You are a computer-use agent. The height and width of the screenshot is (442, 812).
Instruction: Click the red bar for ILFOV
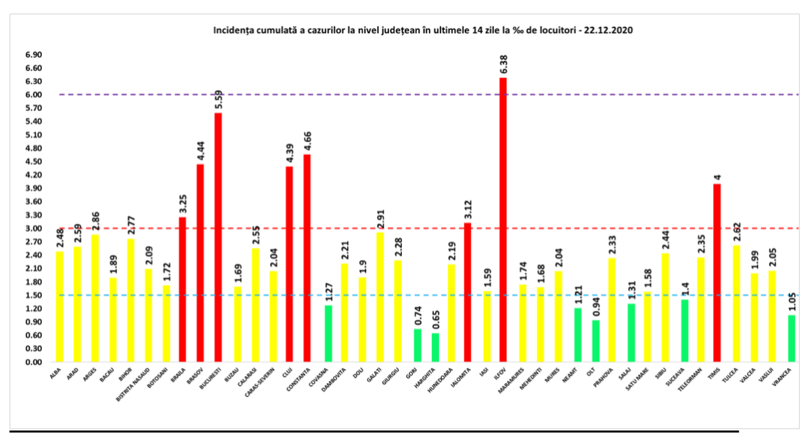[503, 220]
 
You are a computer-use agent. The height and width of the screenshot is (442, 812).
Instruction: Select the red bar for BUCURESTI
[218, 237]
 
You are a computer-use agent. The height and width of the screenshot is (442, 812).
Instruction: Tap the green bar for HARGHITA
[435, 347]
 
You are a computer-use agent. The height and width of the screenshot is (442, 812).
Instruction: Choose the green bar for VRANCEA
[791, 338]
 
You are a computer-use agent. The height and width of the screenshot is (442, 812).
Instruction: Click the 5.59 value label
[218, 100]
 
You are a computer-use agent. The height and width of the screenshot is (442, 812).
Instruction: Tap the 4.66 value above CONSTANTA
[307, 141]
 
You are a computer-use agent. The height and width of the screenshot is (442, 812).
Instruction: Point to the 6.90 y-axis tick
[33, 55]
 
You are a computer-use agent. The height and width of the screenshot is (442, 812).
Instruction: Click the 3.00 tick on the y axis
[33, 229]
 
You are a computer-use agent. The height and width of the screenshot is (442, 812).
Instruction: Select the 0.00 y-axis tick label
[33, 362]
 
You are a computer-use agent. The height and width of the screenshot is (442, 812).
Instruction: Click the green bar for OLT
[595, 341]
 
